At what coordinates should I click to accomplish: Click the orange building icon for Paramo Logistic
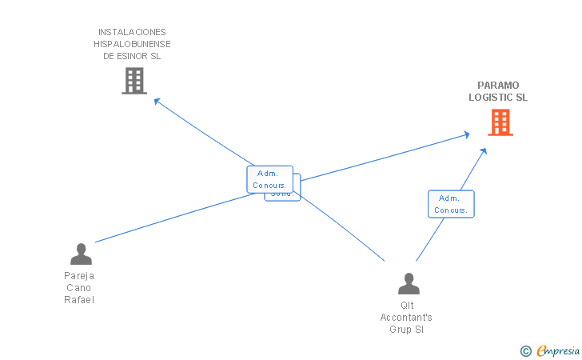500,122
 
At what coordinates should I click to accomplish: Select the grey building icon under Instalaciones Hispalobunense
134,81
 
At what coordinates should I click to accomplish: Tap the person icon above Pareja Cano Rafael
81,254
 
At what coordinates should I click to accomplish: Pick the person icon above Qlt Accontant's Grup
409,284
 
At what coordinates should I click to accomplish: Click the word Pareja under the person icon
79,275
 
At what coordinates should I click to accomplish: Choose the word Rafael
79,300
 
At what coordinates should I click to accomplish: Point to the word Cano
79,288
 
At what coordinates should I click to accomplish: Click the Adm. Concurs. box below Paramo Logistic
451,204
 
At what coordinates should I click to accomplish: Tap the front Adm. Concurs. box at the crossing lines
269,179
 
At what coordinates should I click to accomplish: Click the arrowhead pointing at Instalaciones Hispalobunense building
157,102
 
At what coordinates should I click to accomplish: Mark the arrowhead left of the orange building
466,134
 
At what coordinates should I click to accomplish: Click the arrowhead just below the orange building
484,150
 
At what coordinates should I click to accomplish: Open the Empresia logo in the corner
552,350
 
